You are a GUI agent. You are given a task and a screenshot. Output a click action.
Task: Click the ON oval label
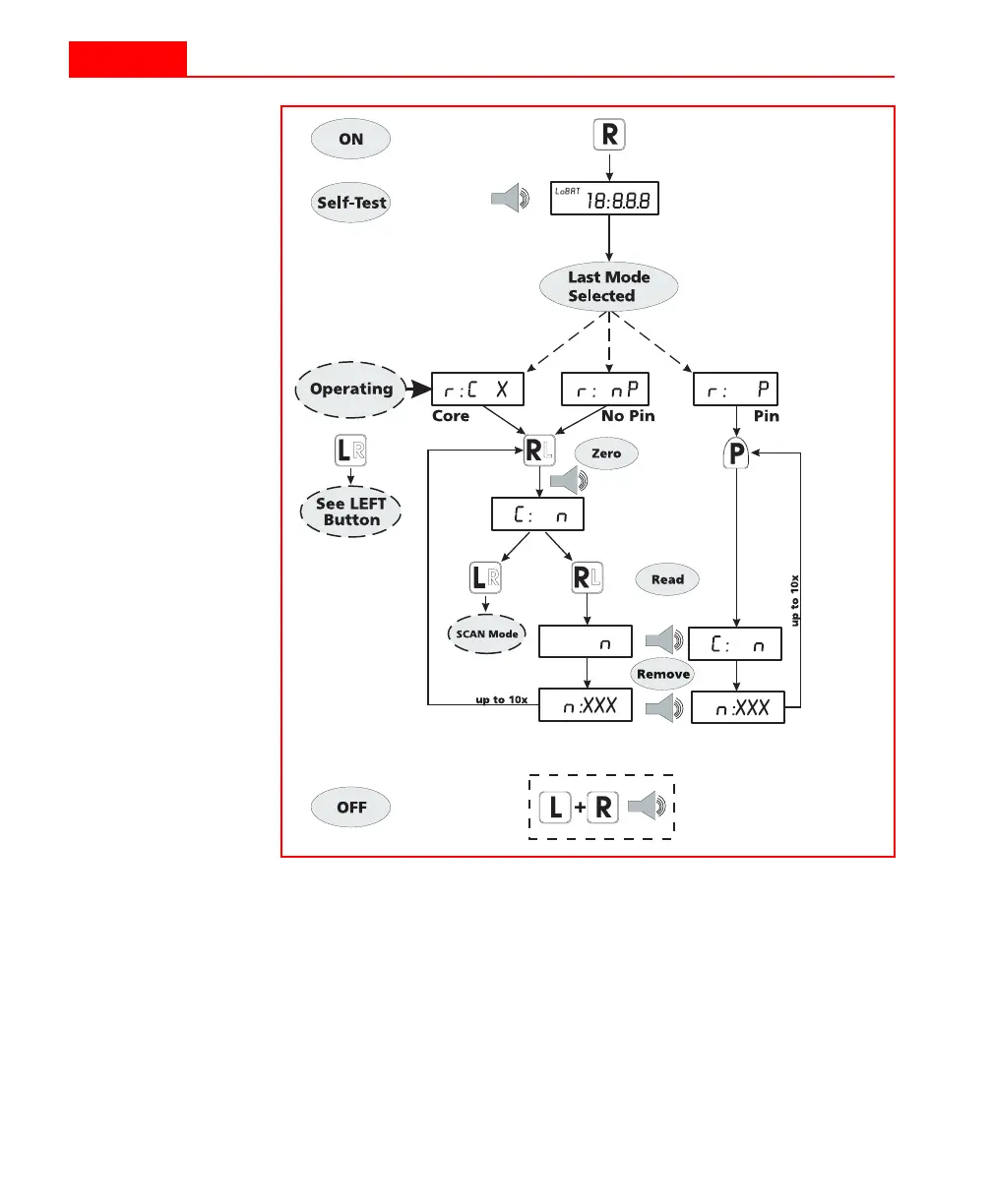point(351,140)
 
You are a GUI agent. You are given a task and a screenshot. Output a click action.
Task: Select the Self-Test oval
point(351,204)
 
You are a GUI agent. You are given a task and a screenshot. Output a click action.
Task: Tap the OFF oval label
point(351,808)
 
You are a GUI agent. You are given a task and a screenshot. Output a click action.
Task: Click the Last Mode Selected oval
point(609,286)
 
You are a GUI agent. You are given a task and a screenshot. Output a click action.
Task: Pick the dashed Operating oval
point(351,389)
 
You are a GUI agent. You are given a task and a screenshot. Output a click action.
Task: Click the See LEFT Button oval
point(351,512)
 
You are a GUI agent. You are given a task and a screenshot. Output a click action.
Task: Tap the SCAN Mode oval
point(487,634)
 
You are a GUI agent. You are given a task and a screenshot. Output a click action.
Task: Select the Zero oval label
point(606,453)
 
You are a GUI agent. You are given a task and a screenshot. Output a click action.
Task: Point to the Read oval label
point(667,579)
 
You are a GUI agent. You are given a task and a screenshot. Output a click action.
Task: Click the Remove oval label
point(663,675)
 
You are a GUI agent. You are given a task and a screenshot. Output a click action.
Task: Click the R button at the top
point(609,136)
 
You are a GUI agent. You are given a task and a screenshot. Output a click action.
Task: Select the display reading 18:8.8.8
point(609,201)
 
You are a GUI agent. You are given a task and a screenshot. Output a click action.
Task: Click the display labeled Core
point(477,389)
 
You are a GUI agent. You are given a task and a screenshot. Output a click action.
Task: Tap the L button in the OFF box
point(556,809)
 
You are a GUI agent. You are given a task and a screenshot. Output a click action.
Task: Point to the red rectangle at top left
point(127,59)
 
